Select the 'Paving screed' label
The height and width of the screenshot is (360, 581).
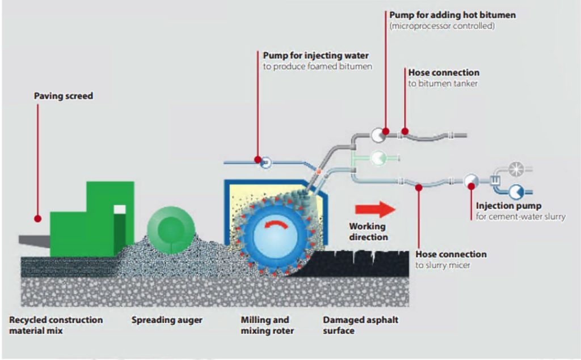63,96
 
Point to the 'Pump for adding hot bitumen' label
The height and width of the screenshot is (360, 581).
452,15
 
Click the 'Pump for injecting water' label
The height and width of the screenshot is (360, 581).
315,56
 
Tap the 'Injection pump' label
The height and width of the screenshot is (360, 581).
508,206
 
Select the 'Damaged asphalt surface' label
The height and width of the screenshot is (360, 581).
360,325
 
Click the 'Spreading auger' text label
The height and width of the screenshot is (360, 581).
167,320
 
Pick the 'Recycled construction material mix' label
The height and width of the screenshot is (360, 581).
56,325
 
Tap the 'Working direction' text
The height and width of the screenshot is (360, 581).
368,231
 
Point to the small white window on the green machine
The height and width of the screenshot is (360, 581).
119,209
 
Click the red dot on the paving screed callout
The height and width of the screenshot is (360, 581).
37,218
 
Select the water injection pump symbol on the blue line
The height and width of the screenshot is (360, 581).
266,163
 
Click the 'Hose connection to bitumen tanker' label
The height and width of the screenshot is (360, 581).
443,78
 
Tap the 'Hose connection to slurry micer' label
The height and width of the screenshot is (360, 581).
451,259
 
